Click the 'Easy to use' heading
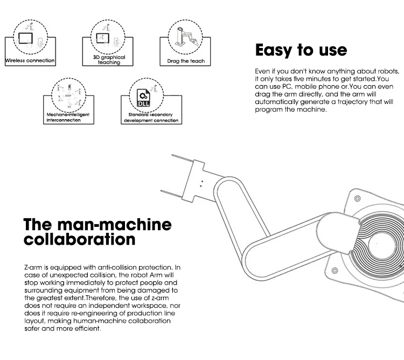tap(301, 50)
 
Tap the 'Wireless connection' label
tap(30, 60)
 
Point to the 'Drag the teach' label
tap(186, 61)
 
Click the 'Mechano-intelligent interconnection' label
tap(67, 117)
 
